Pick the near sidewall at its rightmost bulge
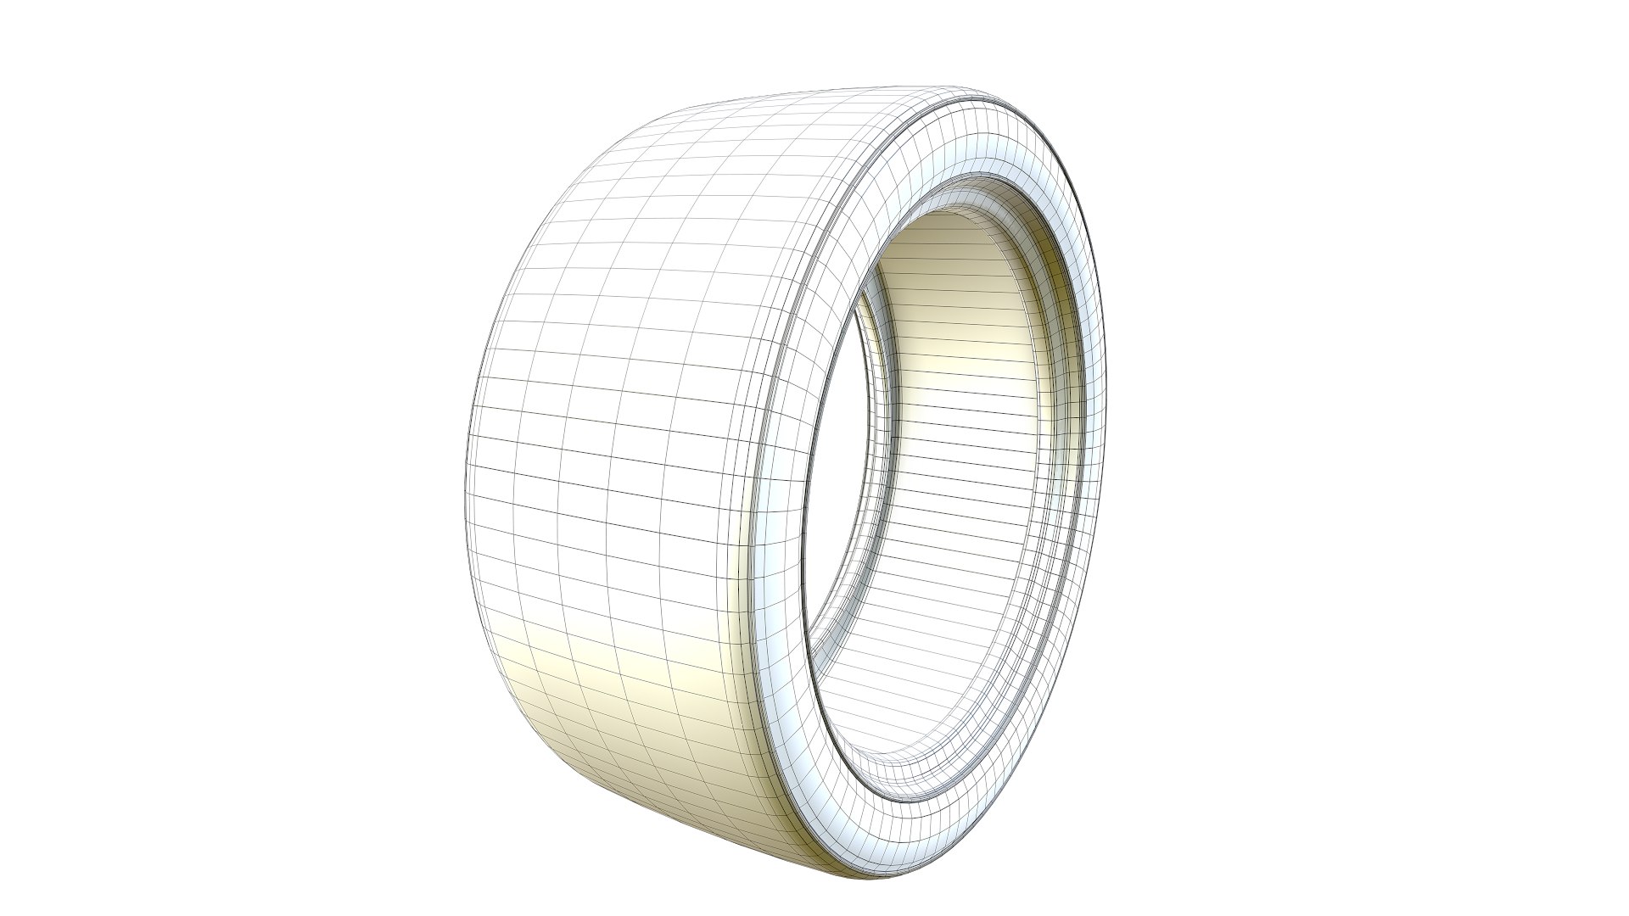1090,424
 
